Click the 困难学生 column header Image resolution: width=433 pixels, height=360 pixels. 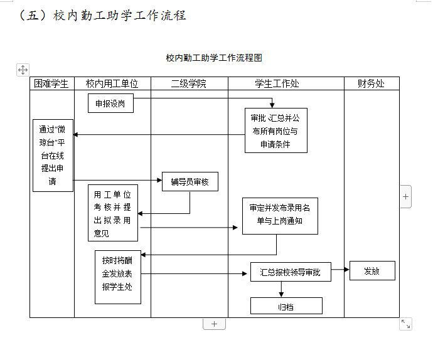51,83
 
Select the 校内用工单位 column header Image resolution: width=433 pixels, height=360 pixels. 112,83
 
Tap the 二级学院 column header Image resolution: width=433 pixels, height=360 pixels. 189,83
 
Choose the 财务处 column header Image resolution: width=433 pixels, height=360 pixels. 371,83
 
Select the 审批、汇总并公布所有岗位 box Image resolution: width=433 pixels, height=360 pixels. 275,130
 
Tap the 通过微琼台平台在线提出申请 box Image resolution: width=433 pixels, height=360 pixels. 53,156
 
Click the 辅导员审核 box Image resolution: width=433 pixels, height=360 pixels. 190,182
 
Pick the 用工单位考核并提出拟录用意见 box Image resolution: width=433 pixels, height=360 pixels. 112,213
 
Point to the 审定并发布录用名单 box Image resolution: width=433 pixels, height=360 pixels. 279,215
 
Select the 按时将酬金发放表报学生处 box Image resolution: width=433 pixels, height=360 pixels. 117,277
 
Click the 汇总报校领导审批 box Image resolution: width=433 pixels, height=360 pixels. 290,272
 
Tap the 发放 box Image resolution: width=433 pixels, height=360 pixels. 372,271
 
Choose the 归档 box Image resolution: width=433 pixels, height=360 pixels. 286,306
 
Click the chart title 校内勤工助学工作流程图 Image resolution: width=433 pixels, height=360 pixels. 214,58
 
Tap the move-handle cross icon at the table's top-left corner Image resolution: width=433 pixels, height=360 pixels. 22,70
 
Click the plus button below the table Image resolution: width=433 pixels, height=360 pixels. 214,324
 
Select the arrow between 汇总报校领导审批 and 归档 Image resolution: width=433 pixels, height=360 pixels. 281,289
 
